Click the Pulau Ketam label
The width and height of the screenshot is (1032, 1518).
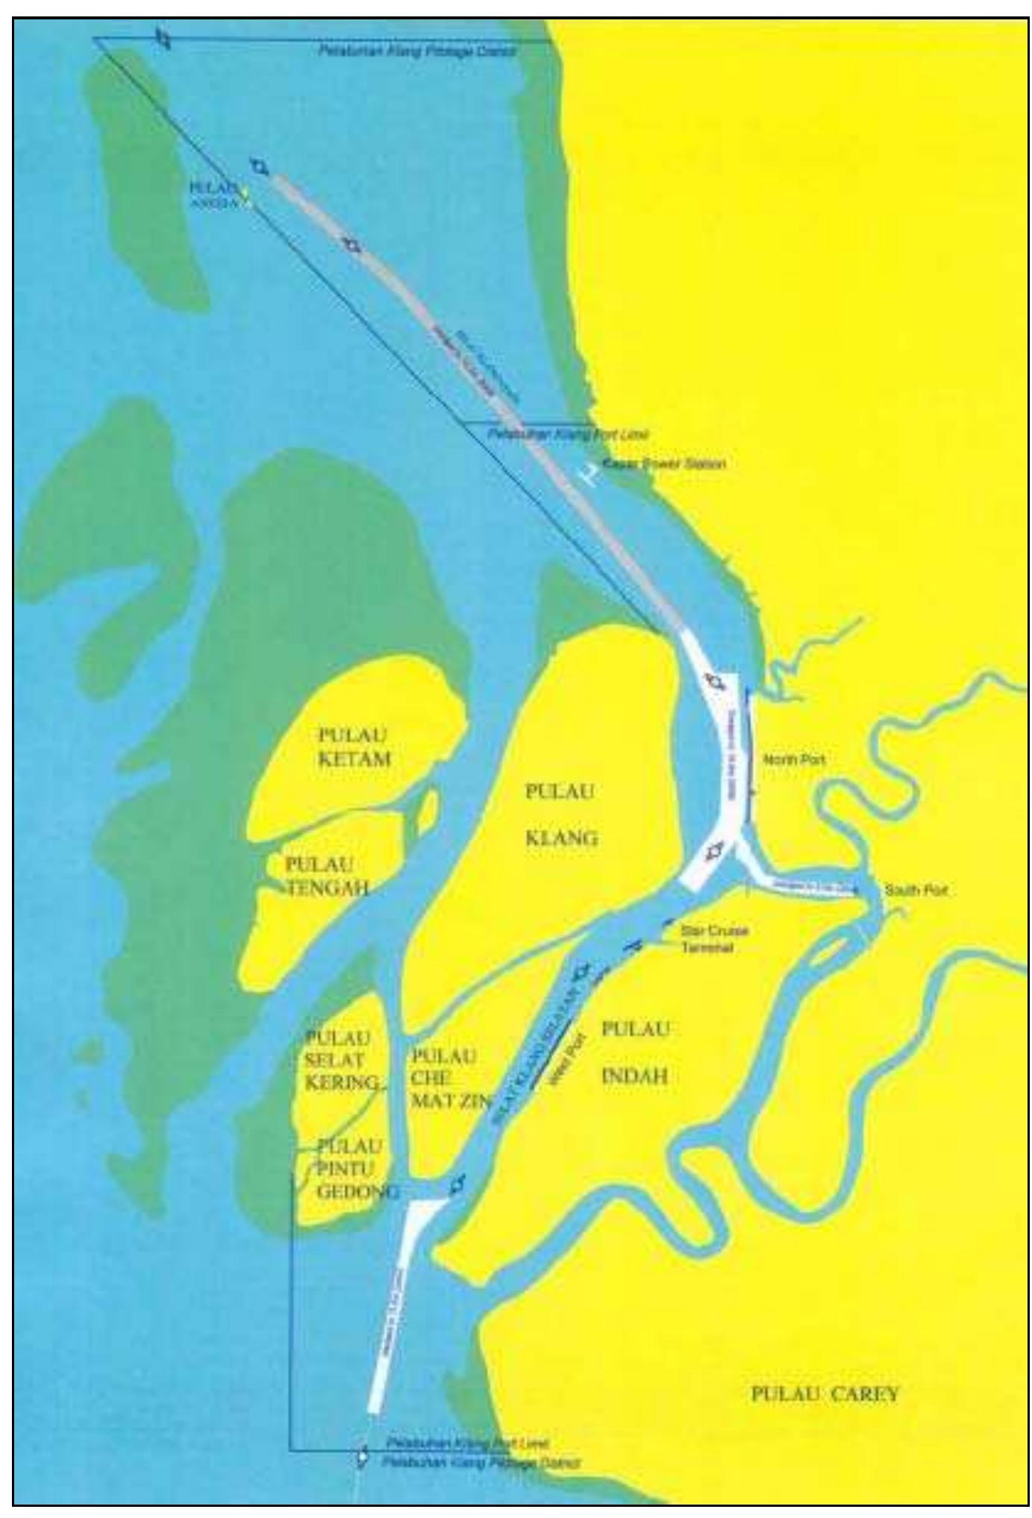354,747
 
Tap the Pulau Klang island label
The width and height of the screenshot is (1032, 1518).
561,815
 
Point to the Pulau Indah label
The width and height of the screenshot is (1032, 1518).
634,1052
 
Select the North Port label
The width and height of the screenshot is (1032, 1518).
793,759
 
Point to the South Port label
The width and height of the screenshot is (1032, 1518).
916,891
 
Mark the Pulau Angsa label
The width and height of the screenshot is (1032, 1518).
215,192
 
